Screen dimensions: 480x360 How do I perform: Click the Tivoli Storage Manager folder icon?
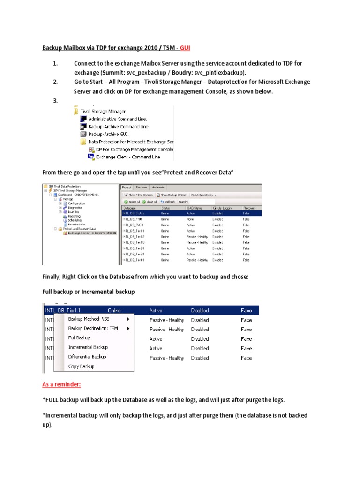click(76, 111)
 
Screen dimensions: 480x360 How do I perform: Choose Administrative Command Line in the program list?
click(115, 119)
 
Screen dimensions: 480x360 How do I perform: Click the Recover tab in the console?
click(141, 187)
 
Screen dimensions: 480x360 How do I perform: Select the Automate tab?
click(158, 187)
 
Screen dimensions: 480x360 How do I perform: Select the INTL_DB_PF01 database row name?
click(133, 218)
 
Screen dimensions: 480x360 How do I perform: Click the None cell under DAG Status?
click(190, 218)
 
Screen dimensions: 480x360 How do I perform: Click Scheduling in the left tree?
click(74, 220)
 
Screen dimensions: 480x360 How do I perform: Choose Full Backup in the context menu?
click(80, 337)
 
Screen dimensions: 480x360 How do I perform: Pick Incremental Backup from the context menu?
click(88, 347)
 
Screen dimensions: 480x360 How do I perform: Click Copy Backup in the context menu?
click(82, 366)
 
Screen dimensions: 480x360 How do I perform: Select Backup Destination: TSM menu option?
click(93, 328)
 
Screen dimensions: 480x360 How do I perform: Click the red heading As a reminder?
click(62, 384)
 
